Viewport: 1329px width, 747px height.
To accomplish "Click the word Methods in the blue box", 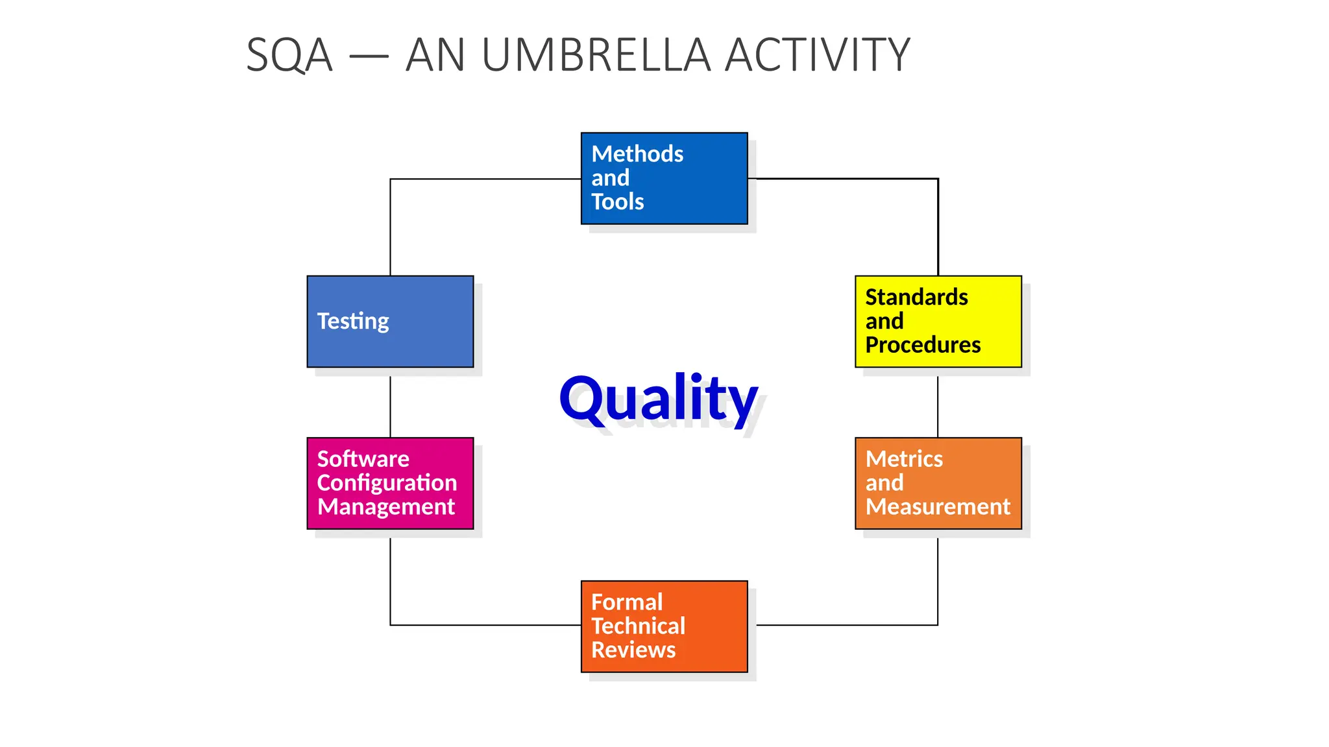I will pyautogui.click(x=637, y=154).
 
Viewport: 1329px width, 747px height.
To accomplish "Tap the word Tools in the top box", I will pyautogui.click(x=617, y=202).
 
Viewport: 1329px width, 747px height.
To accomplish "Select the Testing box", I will pyautogui.click(x=390, y=322).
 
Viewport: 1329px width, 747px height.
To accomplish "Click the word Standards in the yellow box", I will pyautogui.click(x=916, y=297).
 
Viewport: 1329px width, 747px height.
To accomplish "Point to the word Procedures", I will pyautogui.click(x=923, y=345).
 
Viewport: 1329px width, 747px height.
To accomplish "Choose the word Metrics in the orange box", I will pyautogui.click(x=904, y=459).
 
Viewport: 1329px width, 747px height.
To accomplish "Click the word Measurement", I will pyautogui.click(x=938, y=506).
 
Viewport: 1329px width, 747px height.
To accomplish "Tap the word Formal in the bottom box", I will pyautogui.click(x=627, y=602).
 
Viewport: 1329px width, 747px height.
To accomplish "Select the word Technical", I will pyautogui.click(x=638, y=626).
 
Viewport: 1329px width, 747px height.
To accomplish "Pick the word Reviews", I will pyautogui.click(x=633, y=650).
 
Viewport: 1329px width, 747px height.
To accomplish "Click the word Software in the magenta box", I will pyautogui.click(x=363, y=459).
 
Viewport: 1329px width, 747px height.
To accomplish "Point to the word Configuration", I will pyautogui.click(x=387, y=483).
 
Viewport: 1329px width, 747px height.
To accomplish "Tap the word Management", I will pyautogui.click(x=386, y=506).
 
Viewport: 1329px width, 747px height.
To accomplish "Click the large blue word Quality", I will pyautogui.click(x=658, y=398).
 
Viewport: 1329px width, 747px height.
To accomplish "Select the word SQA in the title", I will pyautogui.click(x=289, y=56).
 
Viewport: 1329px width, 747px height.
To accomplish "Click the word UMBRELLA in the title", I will pyautogui.click(x=596, y=56).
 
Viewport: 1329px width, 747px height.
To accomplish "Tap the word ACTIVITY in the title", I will pyautogui.click(x=818, y=56).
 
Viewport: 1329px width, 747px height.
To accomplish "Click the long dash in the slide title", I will pyautogui.click(x=369, y=56).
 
